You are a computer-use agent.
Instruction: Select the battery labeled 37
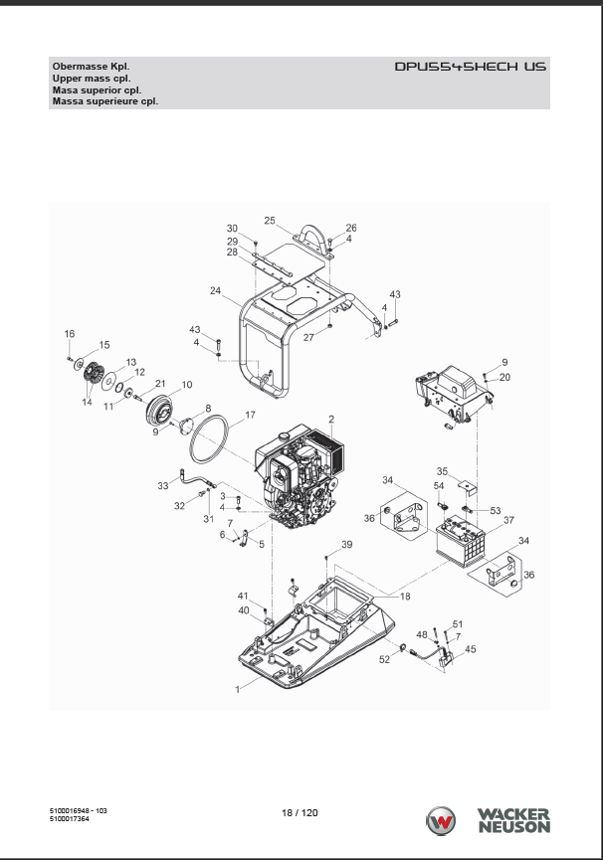[461, 541]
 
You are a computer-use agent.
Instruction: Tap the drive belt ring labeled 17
[209, 439]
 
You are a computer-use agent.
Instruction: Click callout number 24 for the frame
[216, 290]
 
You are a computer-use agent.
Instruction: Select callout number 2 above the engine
[331, 420]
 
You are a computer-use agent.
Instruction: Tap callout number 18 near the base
[405, 597]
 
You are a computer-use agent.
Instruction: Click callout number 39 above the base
[346, 545]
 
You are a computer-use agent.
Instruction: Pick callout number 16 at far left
[69, 333]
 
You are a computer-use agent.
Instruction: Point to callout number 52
[385, 659]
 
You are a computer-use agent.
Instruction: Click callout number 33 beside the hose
[163, 486]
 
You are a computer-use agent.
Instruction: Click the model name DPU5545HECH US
[471, 67]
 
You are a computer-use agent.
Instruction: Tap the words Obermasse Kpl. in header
[92, 67]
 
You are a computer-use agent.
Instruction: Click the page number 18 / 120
[300, 813]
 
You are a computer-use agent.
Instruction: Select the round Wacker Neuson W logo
[441, 821]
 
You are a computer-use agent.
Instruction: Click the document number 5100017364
[69, 819]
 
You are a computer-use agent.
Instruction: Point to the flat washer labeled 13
[109, 380]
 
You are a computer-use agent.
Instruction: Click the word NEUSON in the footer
[514, 826]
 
